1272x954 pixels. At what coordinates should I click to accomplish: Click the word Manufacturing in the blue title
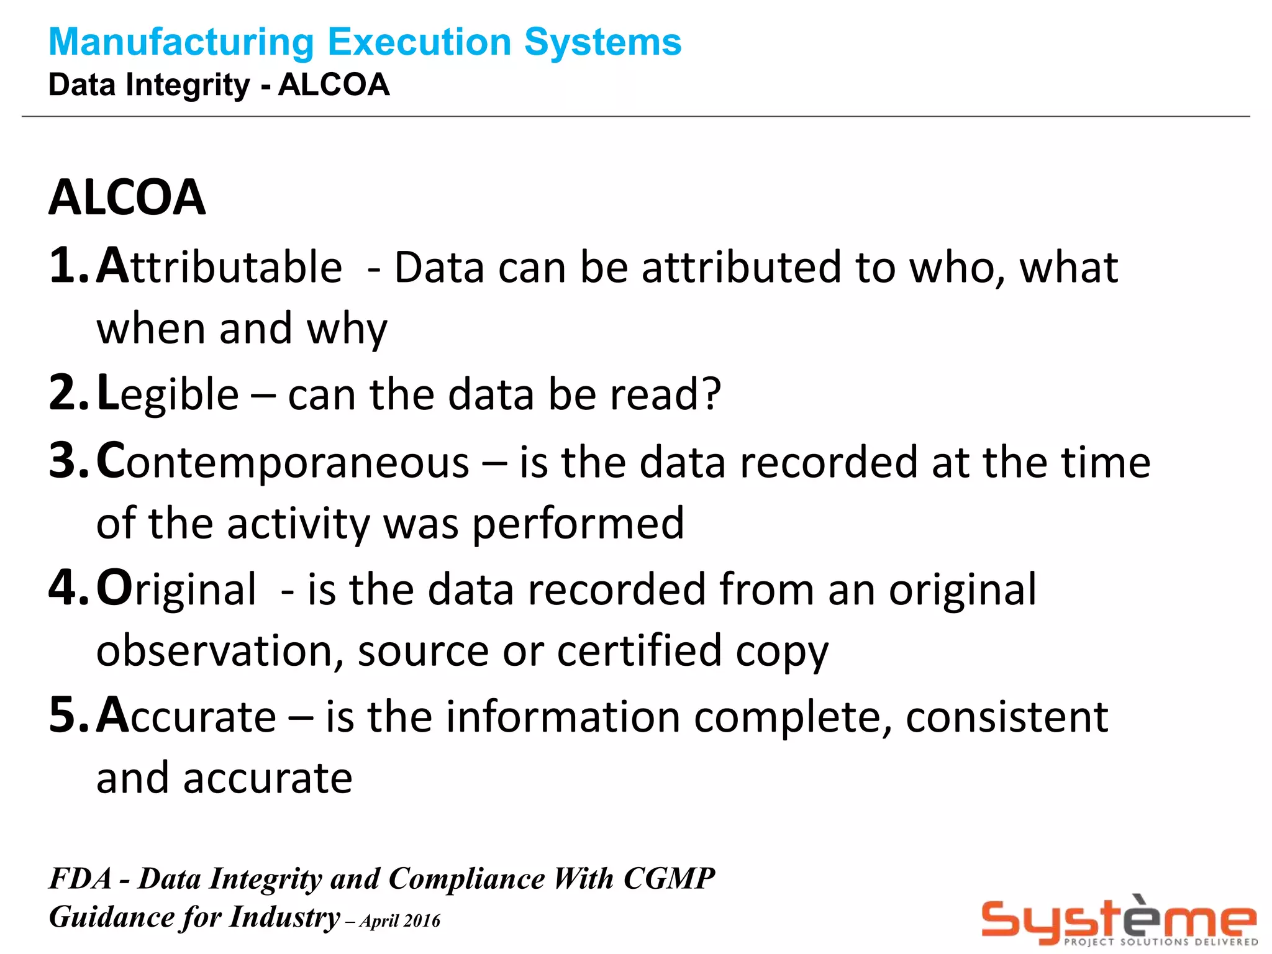[182, 42]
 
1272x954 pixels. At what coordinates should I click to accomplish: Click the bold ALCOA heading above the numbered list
[127, 198]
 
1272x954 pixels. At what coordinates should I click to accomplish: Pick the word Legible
[168, 394]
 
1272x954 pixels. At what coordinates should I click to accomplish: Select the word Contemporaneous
[283, 462]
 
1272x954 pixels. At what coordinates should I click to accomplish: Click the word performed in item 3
[578, 524]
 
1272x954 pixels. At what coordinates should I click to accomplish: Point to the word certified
[639, 652]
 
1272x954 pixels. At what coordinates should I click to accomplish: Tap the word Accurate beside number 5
[186, 716]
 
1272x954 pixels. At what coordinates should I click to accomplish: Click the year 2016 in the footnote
[422, 921]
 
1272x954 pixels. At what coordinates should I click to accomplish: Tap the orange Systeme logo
[1118, 917]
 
